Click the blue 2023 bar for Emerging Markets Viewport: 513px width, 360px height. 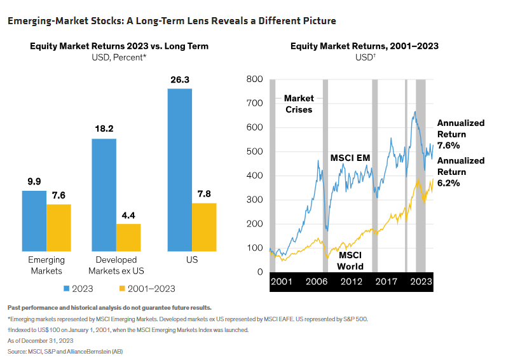34,220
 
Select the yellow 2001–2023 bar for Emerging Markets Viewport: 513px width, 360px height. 58,227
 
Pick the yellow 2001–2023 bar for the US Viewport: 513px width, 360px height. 204,226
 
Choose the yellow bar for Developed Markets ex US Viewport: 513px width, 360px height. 128,237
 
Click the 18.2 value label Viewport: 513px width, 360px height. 104,128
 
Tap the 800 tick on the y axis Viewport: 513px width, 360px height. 254,80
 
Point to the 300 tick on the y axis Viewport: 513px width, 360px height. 254,200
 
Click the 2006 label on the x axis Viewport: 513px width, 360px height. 317,281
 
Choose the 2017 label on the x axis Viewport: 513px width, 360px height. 384,281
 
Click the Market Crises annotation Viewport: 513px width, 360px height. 298,104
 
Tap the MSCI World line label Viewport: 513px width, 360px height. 350,260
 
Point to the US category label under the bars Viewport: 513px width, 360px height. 192,261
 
